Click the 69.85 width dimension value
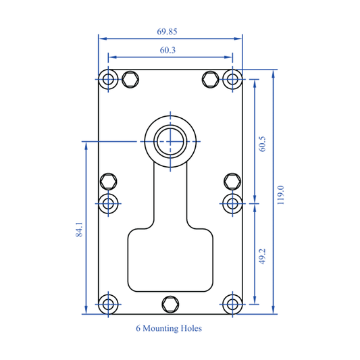point(170,31)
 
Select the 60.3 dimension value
point(170,50)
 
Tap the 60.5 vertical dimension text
point(262,145)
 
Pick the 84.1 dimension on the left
point(80,230)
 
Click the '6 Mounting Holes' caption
point(169,329)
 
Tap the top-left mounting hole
point(108,80)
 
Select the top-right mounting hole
point(232,80)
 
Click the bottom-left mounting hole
point(108,303)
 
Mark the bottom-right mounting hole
point(232,303)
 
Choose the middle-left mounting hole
point(108,202)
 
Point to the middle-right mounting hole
point(232,202)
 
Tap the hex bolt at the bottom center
point(170,303)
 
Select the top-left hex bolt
point(130,80)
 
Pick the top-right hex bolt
point(211,80)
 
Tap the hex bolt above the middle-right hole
point(232,181)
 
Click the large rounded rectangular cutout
point(170,260)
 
